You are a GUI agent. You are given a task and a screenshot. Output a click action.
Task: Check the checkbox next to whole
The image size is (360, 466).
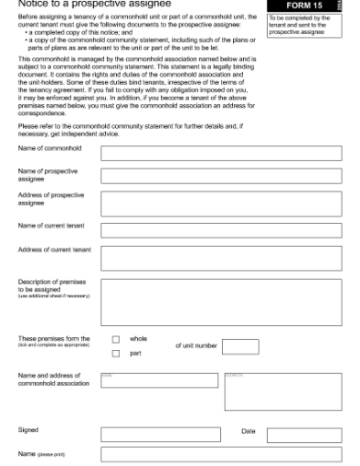point(116,340)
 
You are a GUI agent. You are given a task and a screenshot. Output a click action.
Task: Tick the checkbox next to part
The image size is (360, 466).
point(116,354)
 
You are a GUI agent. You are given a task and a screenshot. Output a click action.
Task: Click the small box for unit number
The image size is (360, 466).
point(240,346)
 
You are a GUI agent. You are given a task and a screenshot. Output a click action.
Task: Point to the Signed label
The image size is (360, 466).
point(28,429)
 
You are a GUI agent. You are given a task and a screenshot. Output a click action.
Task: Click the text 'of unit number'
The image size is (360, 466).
point(196,346)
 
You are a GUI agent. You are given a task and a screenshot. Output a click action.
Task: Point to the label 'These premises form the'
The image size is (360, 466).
point(54,338)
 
